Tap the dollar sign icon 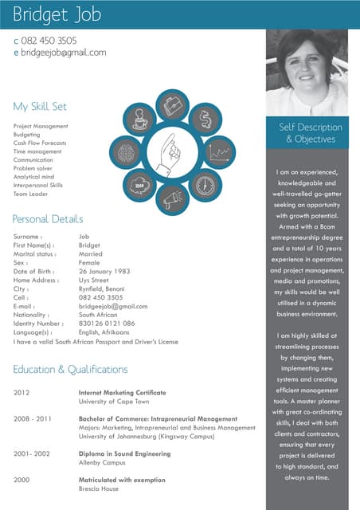[x=205, y=120]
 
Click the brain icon [x=125, y=152]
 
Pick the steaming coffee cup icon [x=139, y=120]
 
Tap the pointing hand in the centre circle [x=171, y=151]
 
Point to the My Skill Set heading [x=40, y=106]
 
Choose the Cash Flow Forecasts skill [x=40, y=143]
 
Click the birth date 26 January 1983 [x=104, y=271]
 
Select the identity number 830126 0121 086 [x=107, y=324]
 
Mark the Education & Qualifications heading [x=70, y=370]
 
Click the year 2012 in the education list [x=22, y=393]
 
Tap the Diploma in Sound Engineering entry [x=124, y=453]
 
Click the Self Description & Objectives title [x=311, y=133]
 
